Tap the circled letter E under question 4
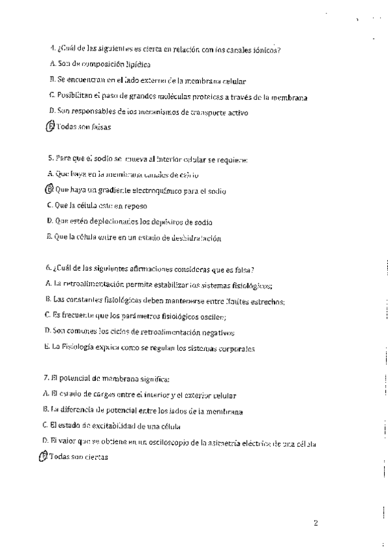pos(51,127)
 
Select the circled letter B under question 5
pos(51,190)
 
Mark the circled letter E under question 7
pos(44,456)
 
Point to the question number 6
pos(49,269)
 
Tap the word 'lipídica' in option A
pos(134,65)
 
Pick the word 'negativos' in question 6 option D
pos(212,332)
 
